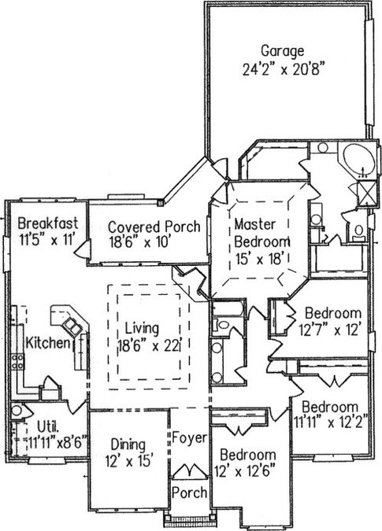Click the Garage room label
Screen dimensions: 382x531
[282, 51]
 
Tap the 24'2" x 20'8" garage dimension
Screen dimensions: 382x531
[282, 70]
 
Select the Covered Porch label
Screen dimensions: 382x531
[154, 227]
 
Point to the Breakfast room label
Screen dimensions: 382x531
[48, 223]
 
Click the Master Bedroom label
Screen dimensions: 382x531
[261, 233]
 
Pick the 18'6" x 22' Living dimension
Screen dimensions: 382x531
[149, 346]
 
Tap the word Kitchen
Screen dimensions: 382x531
[47, 343]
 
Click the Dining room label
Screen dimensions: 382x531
[128, 445]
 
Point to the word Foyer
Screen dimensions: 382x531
[189, 437]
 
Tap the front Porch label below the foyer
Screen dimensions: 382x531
[189, 492]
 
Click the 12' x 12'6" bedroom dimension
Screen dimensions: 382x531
[244, 470]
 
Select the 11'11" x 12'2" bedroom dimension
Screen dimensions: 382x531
[331, 422]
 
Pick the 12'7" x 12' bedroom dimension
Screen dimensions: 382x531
[328, 329]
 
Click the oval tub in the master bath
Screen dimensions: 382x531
[359, 160]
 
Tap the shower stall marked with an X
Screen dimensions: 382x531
[367, 193]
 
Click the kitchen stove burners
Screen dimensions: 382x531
[18, 361]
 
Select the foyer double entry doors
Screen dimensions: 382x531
[189, 471]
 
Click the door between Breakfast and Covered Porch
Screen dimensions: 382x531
[83, 249]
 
